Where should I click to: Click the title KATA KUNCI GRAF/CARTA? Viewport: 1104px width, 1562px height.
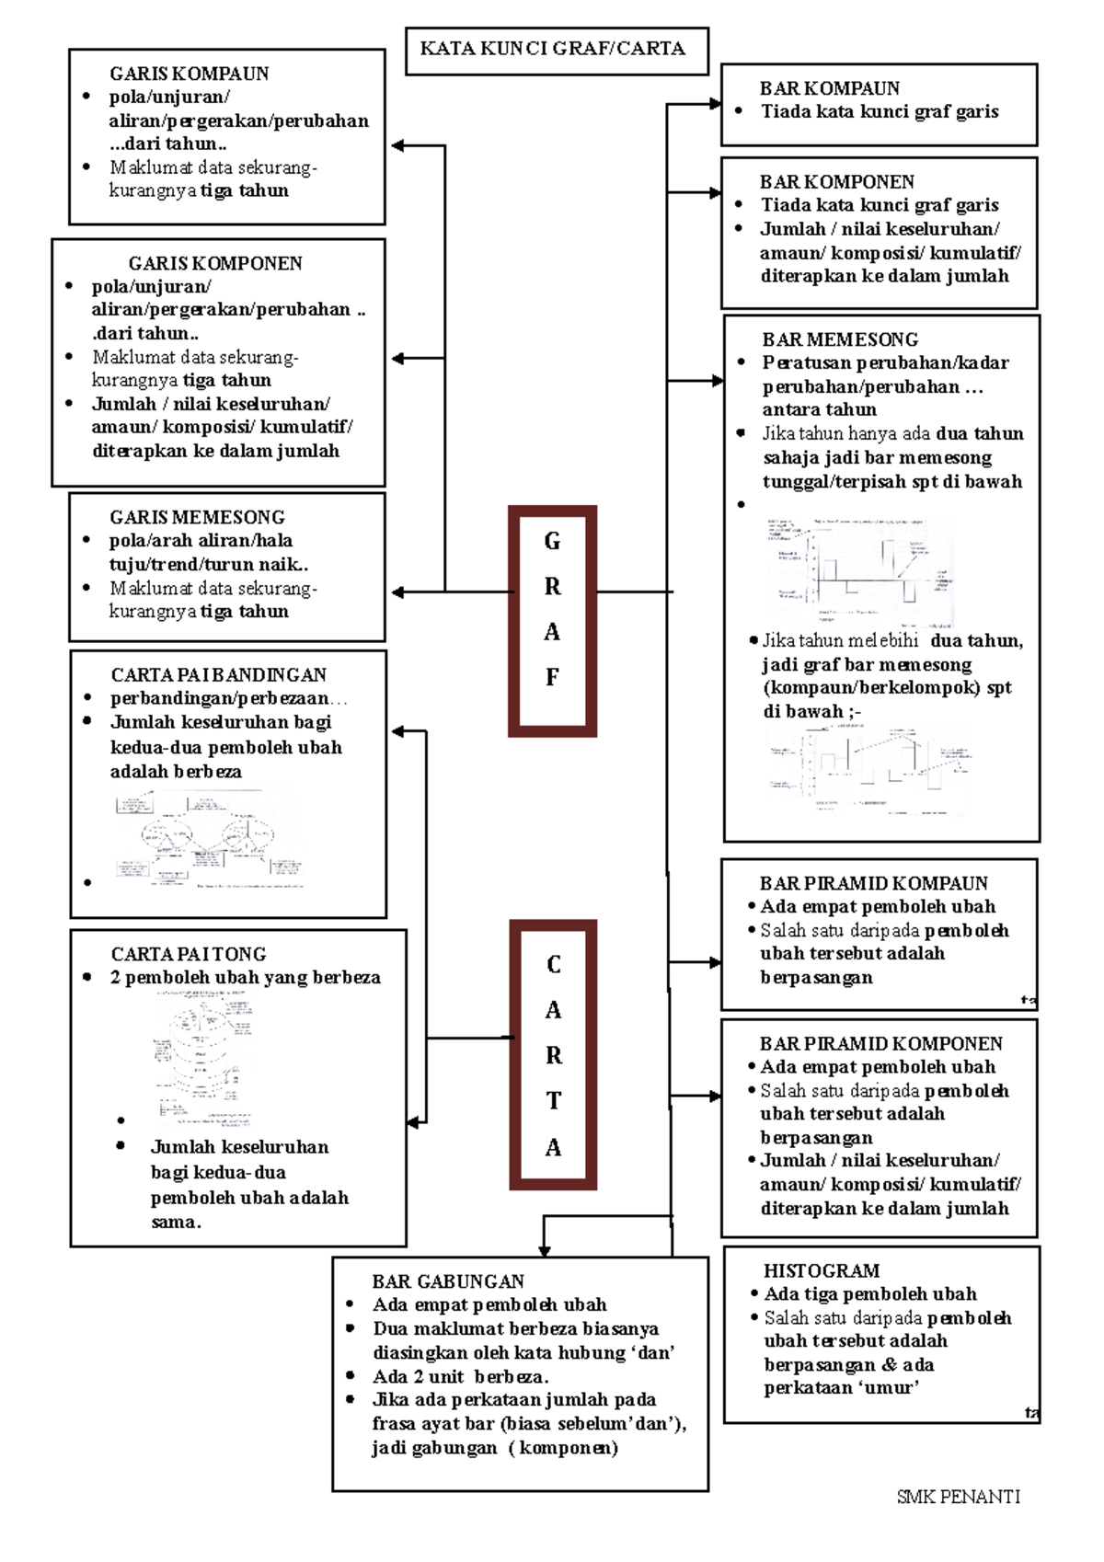pos(553,49)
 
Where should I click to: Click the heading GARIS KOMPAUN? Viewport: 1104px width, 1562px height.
pos(189,74)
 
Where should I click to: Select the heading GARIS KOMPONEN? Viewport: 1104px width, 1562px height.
pos(215,263)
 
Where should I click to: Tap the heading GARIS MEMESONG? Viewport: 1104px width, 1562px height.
pos(197,517)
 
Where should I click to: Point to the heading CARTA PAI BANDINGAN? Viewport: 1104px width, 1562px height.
pos(218,675)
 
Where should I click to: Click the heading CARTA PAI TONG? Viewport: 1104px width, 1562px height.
pos(189,954)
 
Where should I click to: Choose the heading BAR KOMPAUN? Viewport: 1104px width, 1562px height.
pos(829,88)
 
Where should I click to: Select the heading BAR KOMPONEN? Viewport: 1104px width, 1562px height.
pos(836,182)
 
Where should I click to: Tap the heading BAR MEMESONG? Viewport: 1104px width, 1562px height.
pos(840,339)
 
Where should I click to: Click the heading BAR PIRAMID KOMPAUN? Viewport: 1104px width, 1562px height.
pos(873,883)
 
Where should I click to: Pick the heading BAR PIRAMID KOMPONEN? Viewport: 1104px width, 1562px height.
pos(880,1043)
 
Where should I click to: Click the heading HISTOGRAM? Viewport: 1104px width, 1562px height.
pos(822,1270)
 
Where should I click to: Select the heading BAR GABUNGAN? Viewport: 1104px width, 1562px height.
pos(448,1281)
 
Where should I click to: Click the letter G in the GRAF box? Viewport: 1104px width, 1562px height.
pos(552,541)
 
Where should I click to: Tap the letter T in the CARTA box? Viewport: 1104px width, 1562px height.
pos(553,1100)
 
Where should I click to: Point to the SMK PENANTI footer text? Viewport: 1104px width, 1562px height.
pos(958,1497)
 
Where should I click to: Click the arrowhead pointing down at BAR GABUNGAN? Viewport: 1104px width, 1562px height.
pos(544,1251)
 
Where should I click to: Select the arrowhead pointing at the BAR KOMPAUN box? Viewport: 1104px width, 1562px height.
pos(715,104)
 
